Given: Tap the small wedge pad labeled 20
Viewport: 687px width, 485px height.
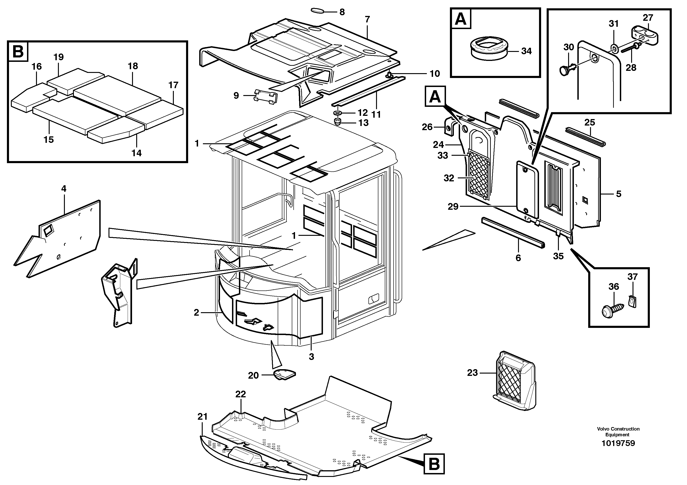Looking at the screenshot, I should tap(285, 374).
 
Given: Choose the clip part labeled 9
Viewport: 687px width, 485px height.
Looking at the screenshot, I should tap(266, 97).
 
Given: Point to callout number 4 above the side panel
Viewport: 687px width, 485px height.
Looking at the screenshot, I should tap(64, 189).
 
